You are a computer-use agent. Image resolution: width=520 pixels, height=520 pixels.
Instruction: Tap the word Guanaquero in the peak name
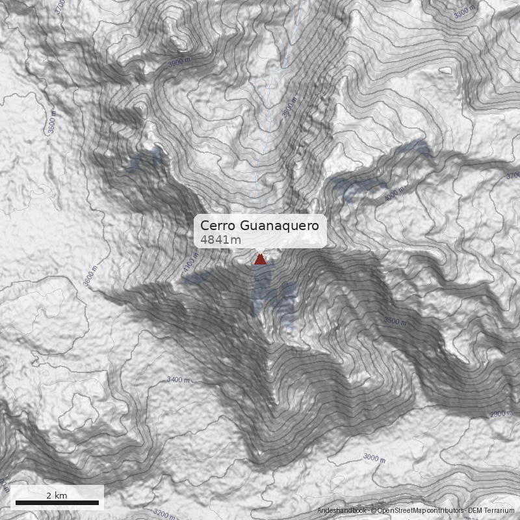point(279,226)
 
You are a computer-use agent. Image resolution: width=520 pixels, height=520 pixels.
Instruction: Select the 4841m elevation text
point(220,240)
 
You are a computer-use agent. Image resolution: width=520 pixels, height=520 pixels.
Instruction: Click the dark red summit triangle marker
point(260,259)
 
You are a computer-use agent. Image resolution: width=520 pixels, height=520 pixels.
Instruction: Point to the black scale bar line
point(57,502)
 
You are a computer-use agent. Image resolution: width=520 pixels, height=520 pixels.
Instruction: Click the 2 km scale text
point(57,495)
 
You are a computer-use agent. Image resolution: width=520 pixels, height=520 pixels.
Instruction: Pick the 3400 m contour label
point(178,379)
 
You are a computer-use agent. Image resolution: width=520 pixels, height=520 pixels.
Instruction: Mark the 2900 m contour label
point(501,414)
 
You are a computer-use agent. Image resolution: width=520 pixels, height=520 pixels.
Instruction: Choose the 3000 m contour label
point(374,458)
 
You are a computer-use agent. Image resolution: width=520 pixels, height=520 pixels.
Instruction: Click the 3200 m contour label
point(162,513)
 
